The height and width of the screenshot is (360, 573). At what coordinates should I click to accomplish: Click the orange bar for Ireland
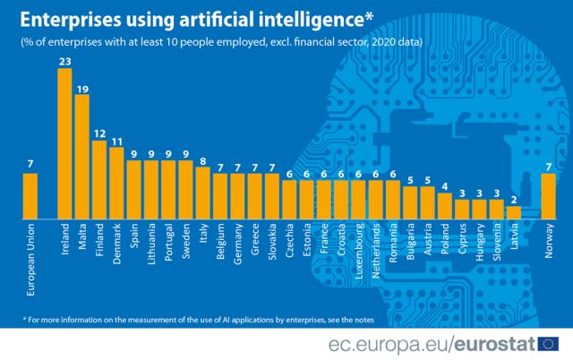click(x=64, y=143)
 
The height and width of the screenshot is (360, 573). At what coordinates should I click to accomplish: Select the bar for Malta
click(x=81, y=157)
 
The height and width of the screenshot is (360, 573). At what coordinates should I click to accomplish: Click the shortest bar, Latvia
click(x=514, y=212)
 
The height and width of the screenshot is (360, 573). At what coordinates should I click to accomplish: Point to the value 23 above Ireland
click(x=64, y=62)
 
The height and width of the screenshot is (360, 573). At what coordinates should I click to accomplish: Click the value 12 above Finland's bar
click(x=99, y=133)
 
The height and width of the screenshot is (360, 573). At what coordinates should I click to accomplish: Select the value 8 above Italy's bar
click(x=203, y=161)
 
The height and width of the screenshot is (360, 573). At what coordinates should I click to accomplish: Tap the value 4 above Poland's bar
click(x=445, y=186)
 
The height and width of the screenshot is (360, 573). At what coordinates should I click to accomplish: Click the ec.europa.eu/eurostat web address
click(x=429, y=343)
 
